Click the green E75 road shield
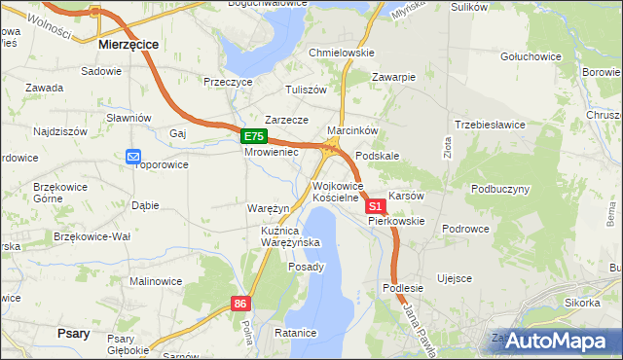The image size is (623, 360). [x=253, y=137]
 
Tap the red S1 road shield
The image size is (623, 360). [x=375, y=207]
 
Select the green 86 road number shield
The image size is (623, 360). [x=241, y=304]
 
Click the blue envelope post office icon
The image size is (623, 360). [x=133, y=156]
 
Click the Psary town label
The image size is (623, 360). [x=74, y=333]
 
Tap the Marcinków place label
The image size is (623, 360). [x=352, y=130]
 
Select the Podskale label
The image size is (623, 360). [x=378, y=156]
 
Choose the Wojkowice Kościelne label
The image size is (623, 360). [x=337, y=192]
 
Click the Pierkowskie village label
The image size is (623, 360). [x=396, y=221]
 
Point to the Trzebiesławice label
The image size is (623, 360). [x=490, y=125]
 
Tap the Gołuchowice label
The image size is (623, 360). [x=531, y=56]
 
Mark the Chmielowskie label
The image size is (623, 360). [x=341, y=53]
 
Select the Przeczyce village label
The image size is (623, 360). [x=228, y=83]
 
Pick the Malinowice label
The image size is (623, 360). [x=156, y=281]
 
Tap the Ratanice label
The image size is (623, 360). [x=296, y=333]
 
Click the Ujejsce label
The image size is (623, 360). [x=455, y=278]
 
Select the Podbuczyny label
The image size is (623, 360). [x=499, y=189]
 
